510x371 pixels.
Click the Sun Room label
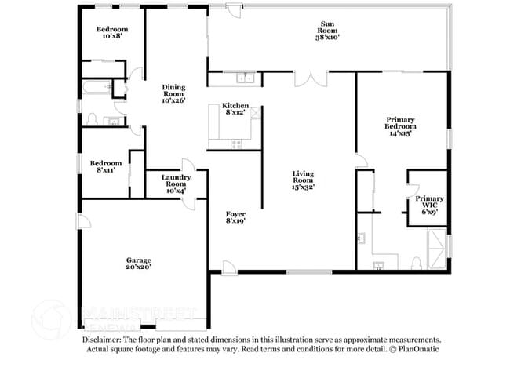327,31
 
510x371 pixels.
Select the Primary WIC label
429,203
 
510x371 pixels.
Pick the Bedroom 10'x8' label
111,32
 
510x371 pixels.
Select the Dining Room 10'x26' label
173,93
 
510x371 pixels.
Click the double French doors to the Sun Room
311,79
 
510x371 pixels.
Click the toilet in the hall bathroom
92,120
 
